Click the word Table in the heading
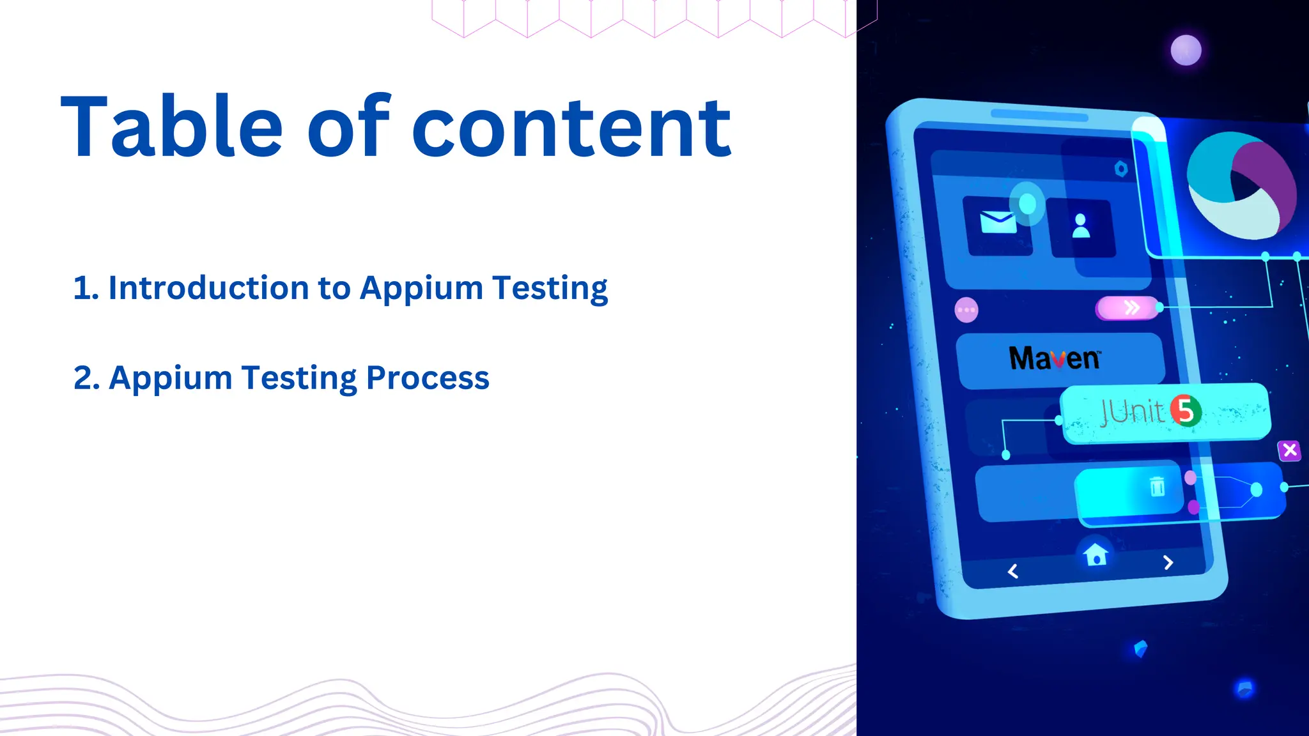[x=171, y=126]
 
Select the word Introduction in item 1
[x=209, y=287]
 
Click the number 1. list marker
[x=86, y=287]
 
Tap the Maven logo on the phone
[x=1055, y=358]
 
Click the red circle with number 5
[x=1186, y=410]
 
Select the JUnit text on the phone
[x=1131, y=411]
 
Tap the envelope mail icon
[x=998, y=223]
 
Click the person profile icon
[x=1081, y=226]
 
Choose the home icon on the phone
[x=1096, y=554]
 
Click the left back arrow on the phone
[x=1013, y=571]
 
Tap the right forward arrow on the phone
[x=1168, y=562]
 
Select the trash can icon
[x=1157, y=487]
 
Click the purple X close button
[x=1290, y=450]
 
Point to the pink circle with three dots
[x=966, y=310]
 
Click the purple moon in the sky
[x=1186, y=50]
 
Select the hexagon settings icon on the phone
[x=1121, y=169]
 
